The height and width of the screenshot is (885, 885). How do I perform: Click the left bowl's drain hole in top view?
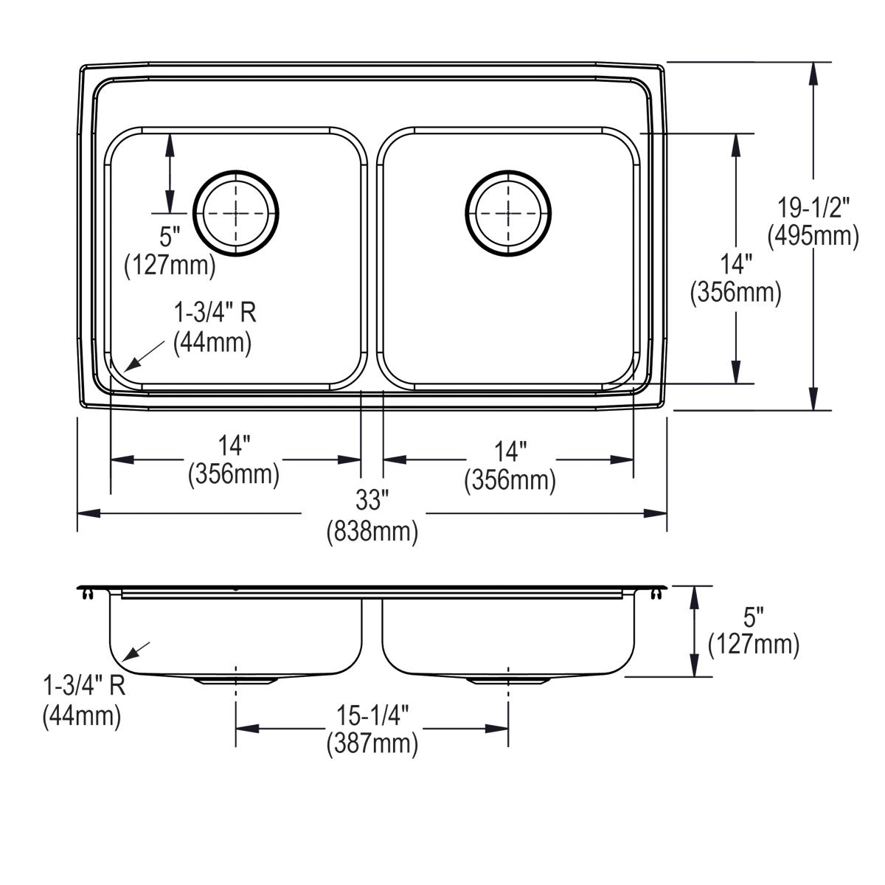[236, 214]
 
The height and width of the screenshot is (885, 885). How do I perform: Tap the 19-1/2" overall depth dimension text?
[814, 208]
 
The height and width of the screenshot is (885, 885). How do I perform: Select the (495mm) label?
[813, 236]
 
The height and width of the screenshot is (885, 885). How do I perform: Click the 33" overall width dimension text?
[372, 501]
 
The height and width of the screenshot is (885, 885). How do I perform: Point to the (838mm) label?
[372, 530]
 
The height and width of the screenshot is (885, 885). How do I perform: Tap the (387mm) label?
[372, 743]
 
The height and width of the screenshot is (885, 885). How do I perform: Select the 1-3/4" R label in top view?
[215, 313]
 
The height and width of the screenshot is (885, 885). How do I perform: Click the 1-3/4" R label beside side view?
[84, 687]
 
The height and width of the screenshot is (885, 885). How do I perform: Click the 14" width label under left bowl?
[235, 445]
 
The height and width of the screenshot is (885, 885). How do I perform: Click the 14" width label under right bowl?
[510, 451]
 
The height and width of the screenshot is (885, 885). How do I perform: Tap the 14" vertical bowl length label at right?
[735, 263]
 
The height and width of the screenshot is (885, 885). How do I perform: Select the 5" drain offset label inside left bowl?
[170, 237]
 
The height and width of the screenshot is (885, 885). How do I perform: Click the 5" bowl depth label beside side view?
[753, 617]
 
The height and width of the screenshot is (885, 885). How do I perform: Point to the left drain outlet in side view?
[236, 680]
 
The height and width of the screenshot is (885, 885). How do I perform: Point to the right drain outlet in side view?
[508, 680]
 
